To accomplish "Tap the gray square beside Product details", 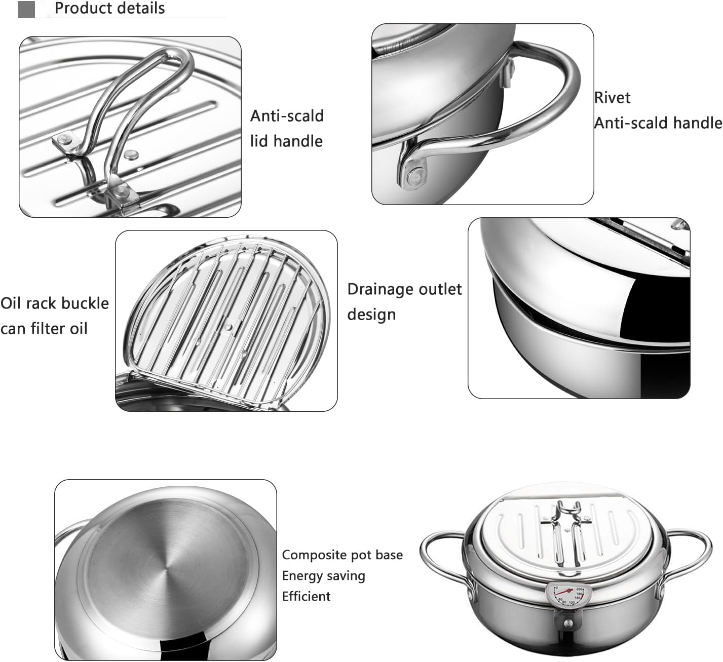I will point(26,9).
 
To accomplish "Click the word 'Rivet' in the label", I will point(613,98).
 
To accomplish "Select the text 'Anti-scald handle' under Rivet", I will point(658,123).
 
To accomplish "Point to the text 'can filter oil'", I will point(44,329).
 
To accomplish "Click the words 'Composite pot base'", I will point(342,555).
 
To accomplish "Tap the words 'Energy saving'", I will point(323,576).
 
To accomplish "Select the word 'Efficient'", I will point(306,597).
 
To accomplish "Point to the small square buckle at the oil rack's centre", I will point(226,327).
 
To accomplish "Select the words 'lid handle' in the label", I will point(286,141).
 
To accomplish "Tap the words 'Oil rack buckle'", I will point(55,303).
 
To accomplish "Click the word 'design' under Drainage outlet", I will point(371,315).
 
